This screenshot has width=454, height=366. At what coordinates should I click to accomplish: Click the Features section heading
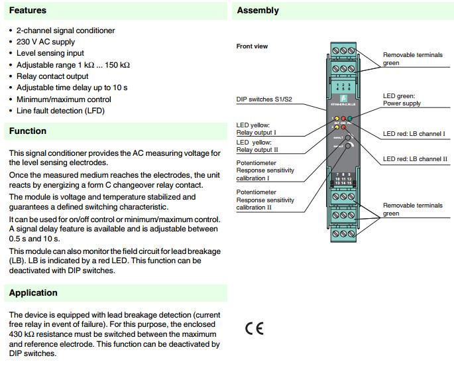click(x=28, y=11)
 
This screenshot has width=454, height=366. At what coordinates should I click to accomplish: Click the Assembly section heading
click(x=258, y=11)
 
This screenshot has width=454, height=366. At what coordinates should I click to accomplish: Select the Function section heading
click(x=28, y=131)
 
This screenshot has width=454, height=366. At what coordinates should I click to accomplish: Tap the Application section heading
click(x=33, y=292)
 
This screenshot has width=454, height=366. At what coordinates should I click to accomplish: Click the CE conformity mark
click(x=254, y=329)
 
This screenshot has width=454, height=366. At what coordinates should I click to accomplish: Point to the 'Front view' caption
click(x=252, y=46)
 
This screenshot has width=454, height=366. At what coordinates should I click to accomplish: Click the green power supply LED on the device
click(x=350, y=118)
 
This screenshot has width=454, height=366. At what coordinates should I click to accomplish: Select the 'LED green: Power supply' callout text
click(x=406, y=100)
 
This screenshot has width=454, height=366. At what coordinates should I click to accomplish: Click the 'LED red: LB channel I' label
click(x=414, y=134)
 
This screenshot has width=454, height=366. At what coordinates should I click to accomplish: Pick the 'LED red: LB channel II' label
click(x=415, y=159)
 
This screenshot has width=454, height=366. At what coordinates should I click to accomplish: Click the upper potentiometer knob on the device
click(x=347, y=139)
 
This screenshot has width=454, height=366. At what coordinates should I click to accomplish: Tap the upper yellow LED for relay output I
click(x=336, y=119)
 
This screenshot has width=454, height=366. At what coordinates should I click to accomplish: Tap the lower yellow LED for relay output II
click(x=336, y=126)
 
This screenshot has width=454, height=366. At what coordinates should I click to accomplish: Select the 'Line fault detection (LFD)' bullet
click(x=60, y=111)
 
